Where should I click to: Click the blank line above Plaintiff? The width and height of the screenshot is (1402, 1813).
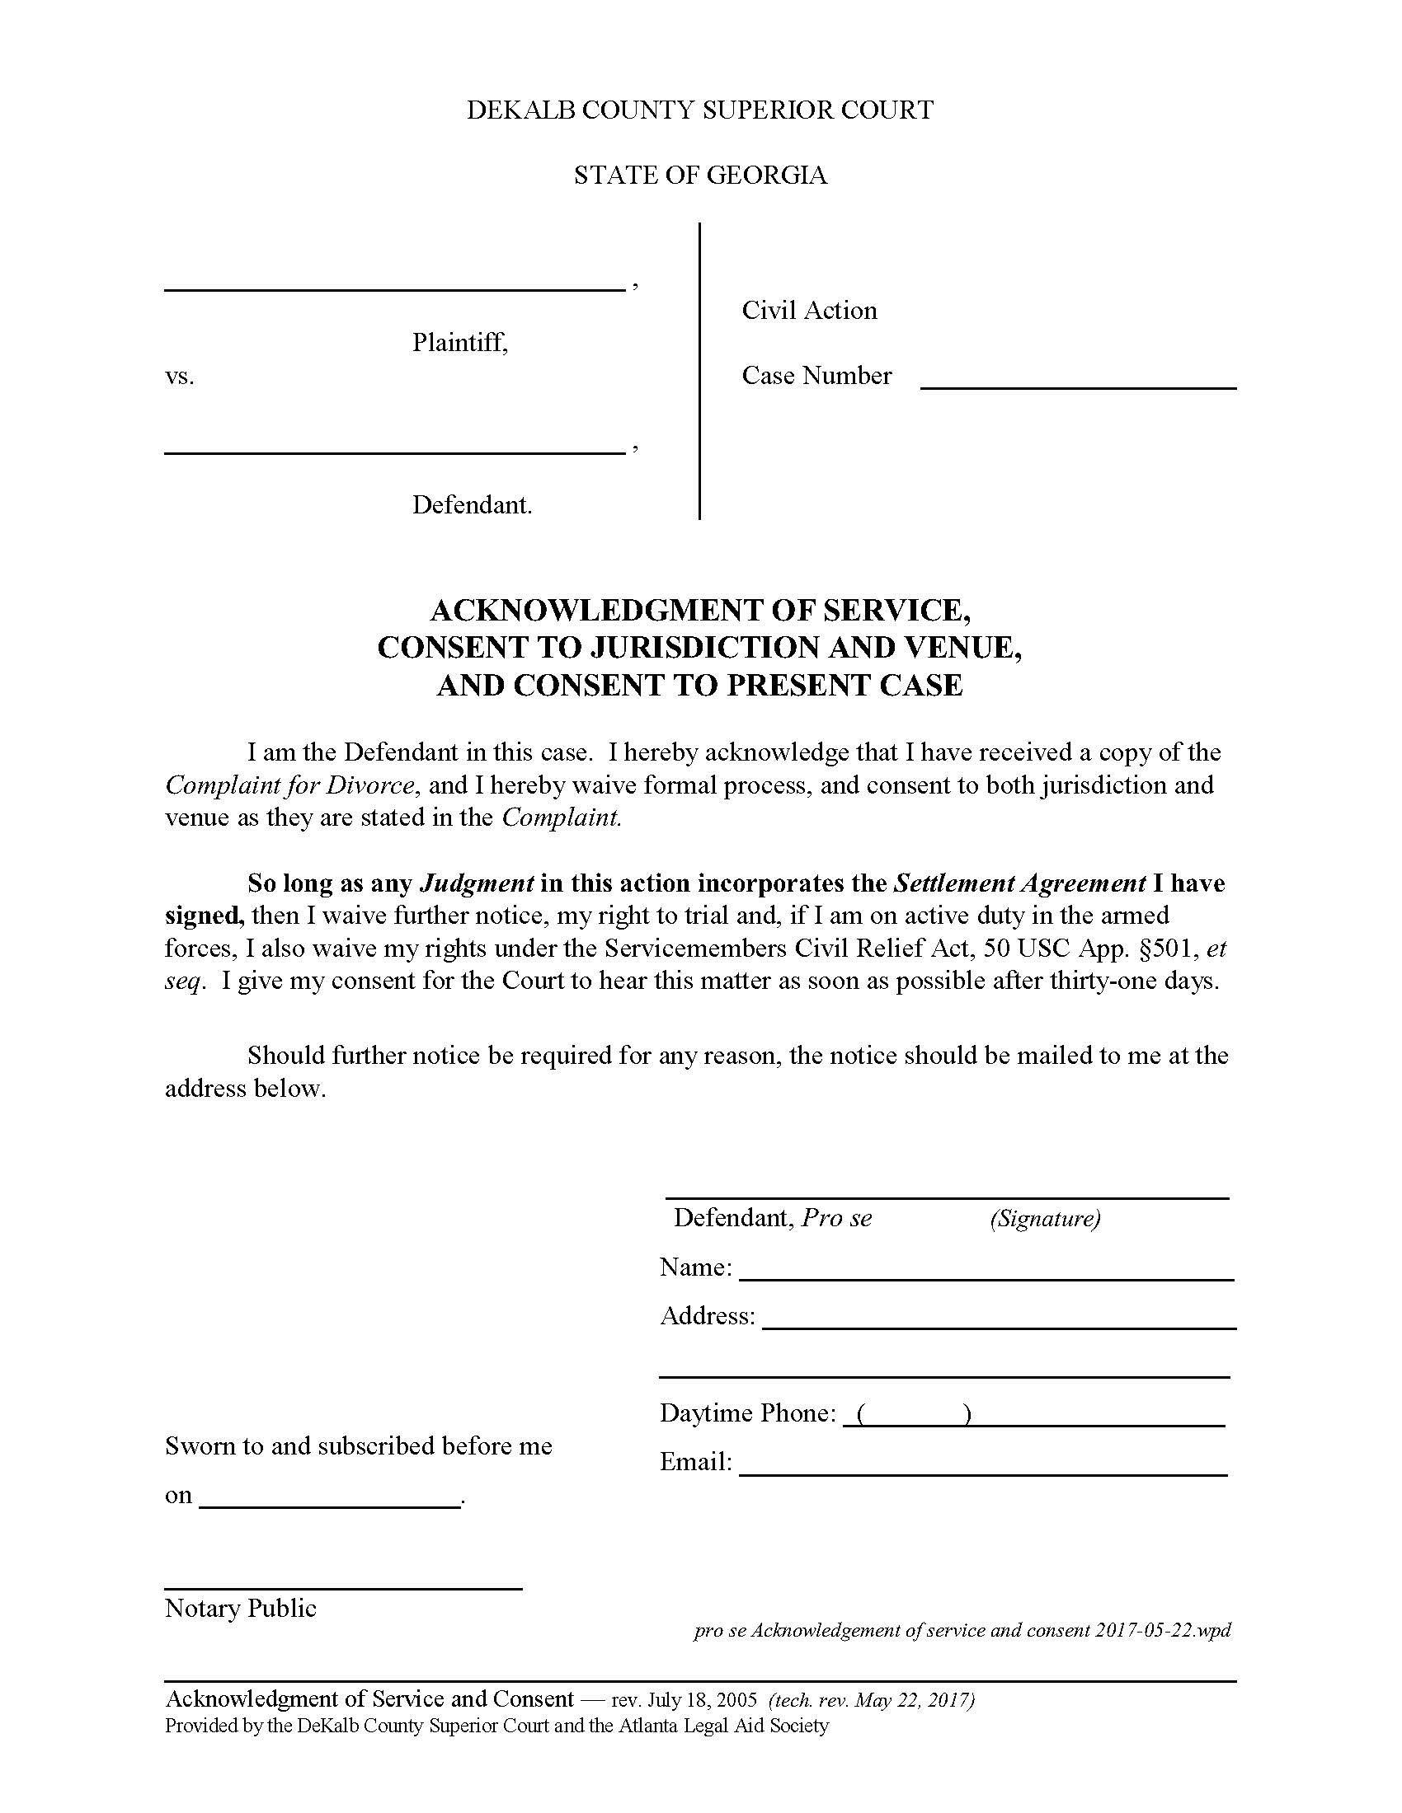click(394, 288)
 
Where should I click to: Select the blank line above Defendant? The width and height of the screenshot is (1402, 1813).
click(394, 452)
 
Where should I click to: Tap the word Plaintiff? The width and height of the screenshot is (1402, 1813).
click(459, 342)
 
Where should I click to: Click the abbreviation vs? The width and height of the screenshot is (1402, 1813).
click(180, 377)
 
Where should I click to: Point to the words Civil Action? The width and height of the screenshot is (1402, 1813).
click(809, 311)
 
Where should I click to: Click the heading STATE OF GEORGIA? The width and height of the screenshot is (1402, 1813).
click(700, 176)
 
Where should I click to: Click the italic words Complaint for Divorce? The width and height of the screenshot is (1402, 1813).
click(289, 785)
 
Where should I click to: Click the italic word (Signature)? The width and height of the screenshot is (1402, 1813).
click(1045, 1219)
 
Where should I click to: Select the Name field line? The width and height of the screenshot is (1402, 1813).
click(986, 1278)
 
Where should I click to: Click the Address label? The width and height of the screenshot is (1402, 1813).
click(707, 1316)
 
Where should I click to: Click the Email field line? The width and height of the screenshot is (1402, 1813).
click(982, 1473)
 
